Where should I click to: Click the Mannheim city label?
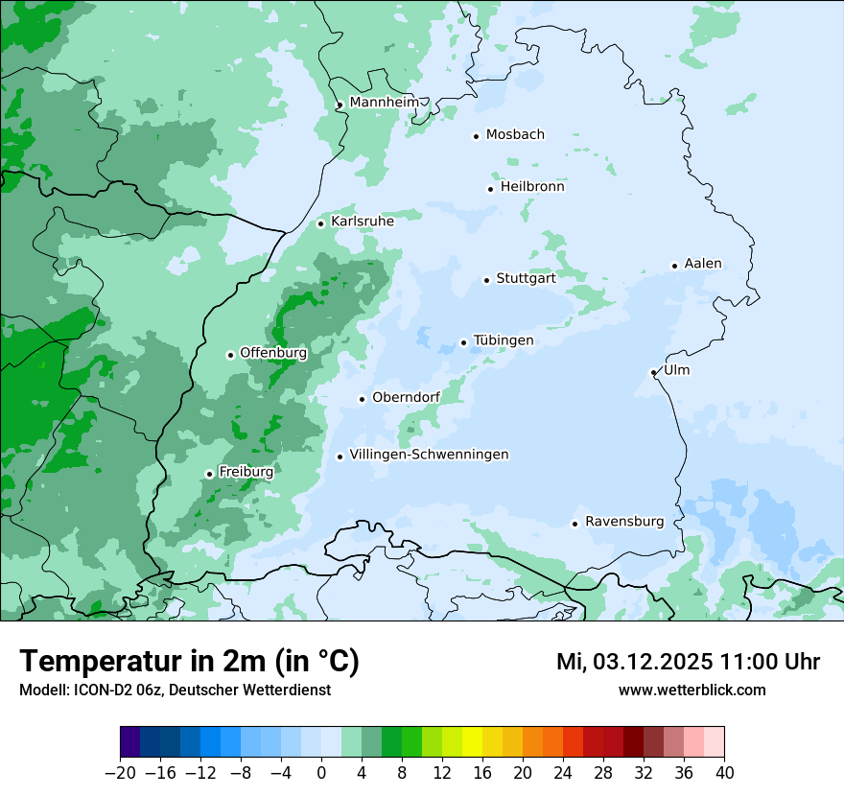pyautogui.click(x=384, y=102)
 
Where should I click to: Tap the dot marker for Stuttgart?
pyautogui.click(x=486, y=280)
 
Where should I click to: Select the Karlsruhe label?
pyautogui.click(x=362, y=222)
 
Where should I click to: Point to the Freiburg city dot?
pyautogui.click(x=209, y=474)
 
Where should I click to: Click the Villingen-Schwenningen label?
pyautogui.click(x=429, y=455)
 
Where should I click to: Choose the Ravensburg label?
pyautogui.click(x=623, y=522)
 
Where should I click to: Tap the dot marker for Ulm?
pyautogui.click(x=653, y=372)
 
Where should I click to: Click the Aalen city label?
pyautogui.click(x=703, y=264)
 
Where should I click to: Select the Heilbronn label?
pyautogui.click(x=532, y=187)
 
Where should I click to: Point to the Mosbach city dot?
pyautogui.click(x=476, y=136)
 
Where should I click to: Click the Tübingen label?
pyautogui.click(x=504, y=340)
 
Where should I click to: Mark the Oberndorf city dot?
pyautogui.click(x=362, y=399)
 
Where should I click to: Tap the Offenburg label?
pyautogui.click(x=273, y=353)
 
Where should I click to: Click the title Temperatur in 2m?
pyautogui.click(x=189, y=662)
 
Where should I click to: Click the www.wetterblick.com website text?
pyautogui.click(x=692, y=690)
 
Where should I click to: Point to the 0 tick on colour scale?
pyautogui.click(x=321, y=772)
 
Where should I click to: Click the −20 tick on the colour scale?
pyautogui.click(x=120, y=772)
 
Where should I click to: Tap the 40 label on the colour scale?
pyautogui.click(x=724, y=772)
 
